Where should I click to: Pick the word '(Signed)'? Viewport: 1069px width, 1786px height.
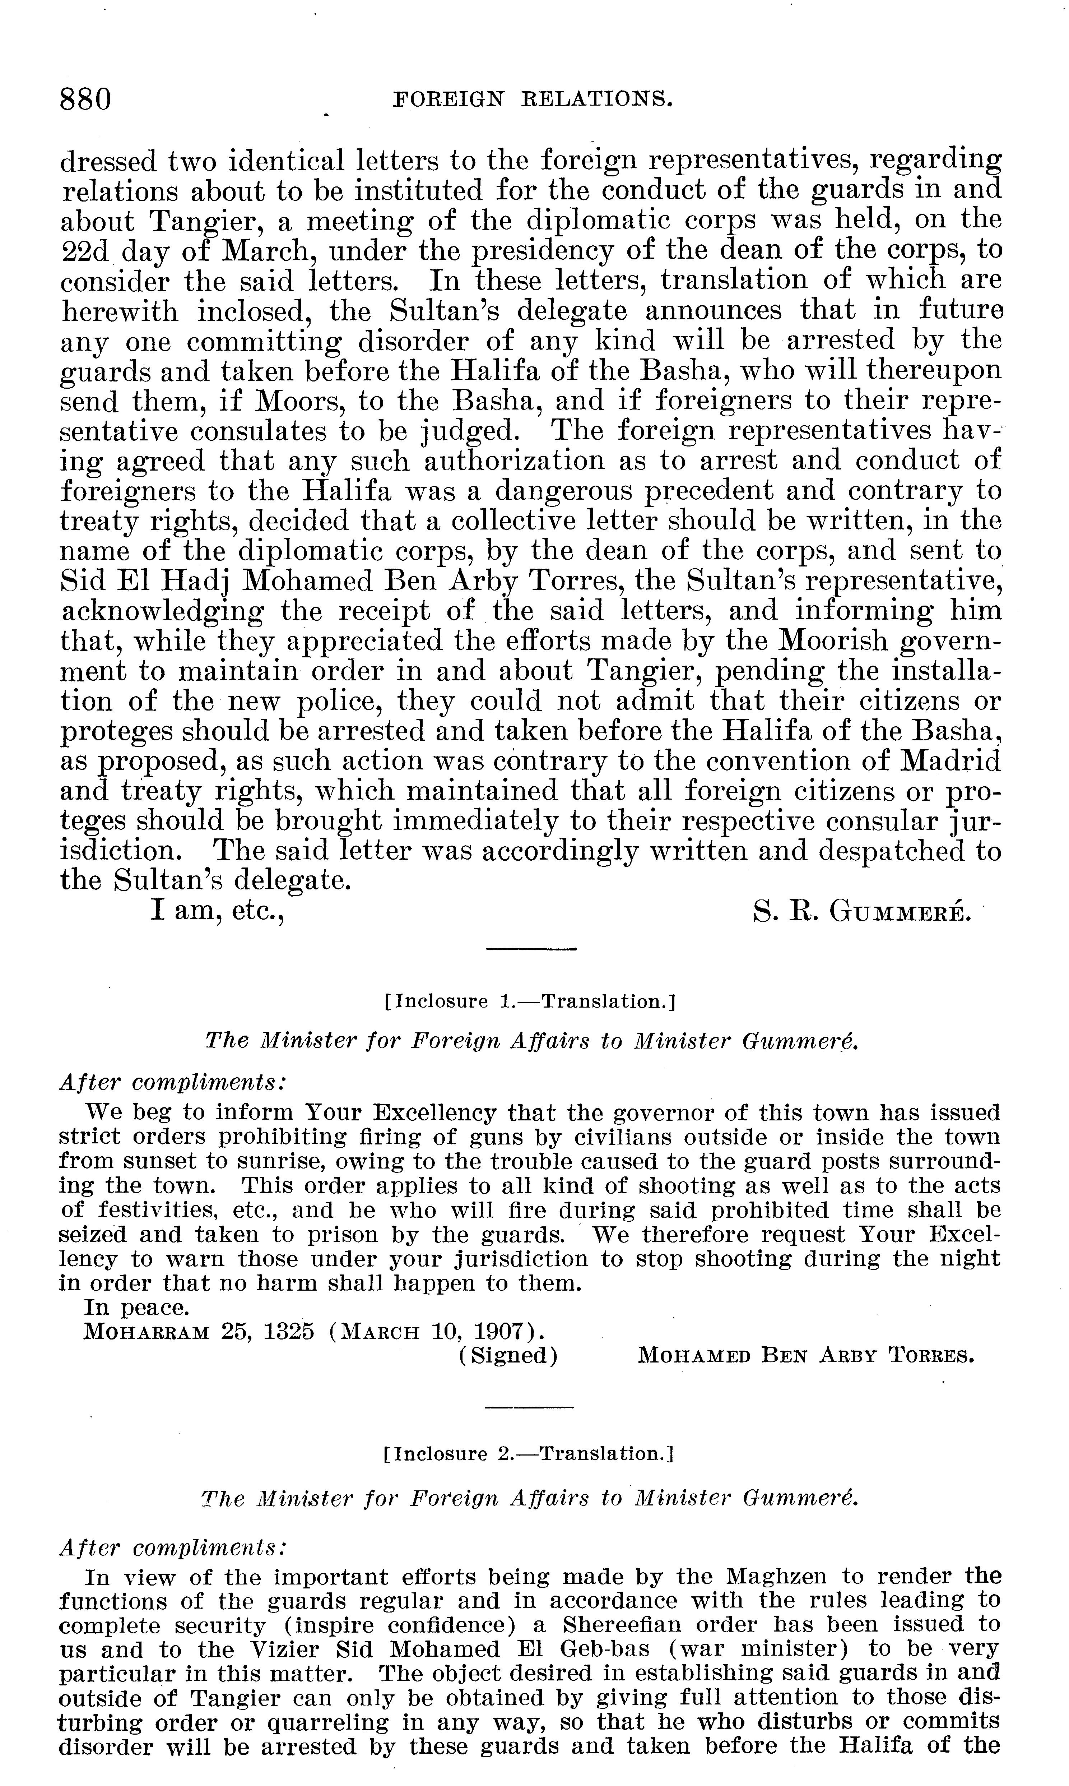click(x=508, y=1356)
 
